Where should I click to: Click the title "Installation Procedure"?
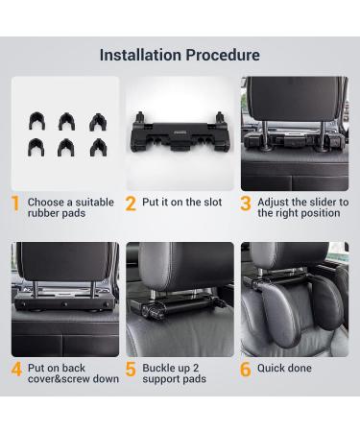pos(180,55)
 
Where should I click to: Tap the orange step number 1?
pos(16,204)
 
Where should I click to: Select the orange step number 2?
pos(131,204)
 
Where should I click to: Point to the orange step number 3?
pos(246,204)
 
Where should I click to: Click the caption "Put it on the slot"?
pos(183,203)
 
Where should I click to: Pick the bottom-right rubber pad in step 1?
pos(96,147)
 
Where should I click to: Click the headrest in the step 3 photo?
pos(294,106)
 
